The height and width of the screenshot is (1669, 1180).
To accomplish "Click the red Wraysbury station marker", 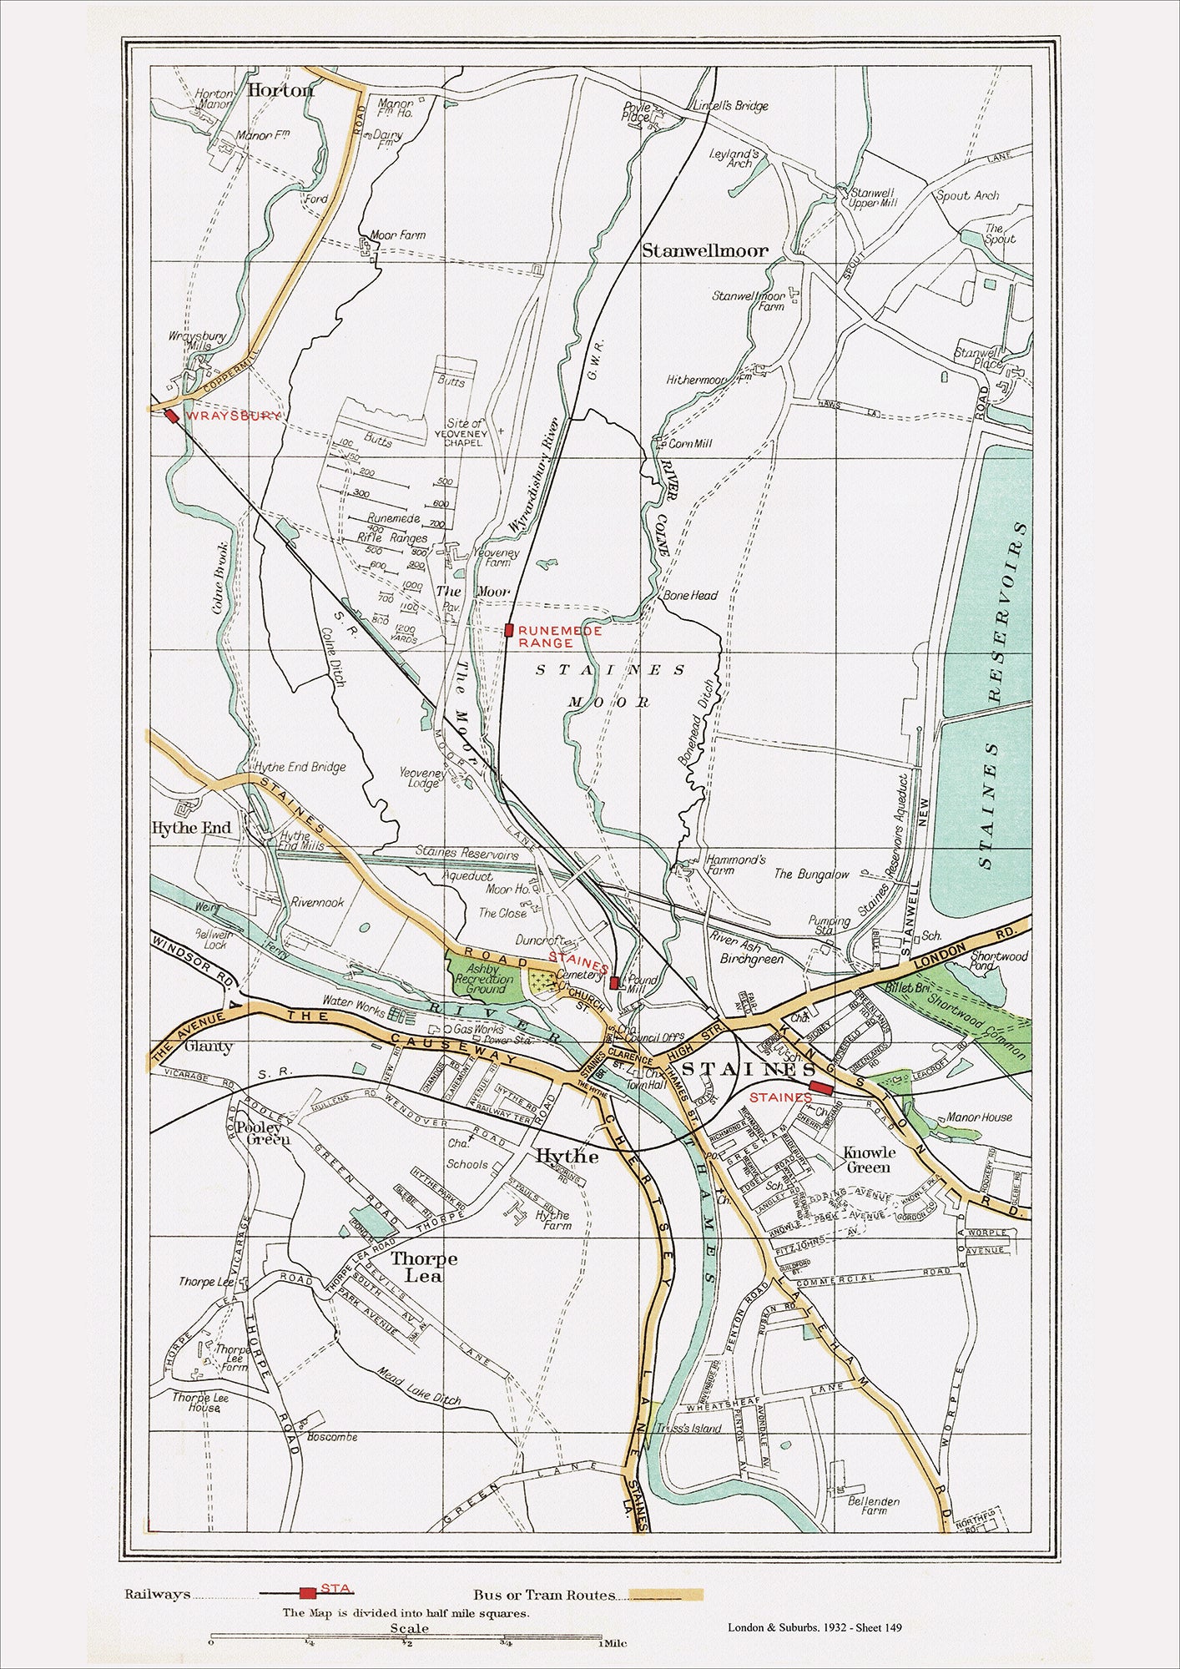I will tap(172, 416).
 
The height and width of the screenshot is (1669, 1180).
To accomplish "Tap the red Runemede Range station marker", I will tap(508, 630).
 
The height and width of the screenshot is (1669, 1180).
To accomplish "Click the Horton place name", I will tap(280, 90).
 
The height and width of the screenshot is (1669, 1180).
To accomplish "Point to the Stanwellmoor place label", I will tap(704, 250).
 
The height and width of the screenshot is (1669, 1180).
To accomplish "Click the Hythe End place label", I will tap(191, 828).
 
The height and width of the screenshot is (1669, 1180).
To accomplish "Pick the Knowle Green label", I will tap(869, 1159).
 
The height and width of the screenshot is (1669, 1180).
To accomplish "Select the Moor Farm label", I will tap(397, 235).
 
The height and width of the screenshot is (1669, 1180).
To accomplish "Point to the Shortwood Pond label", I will tap(1000, 961).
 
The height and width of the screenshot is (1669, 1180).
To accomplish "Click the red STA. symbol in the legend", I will tap(308, 1593).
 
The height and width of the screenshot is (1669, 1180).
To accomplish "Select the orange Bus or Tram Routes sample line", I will tap(666, 1595).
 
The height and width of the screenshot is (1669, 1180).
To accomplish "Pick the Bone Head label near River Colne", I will tap(690, 596).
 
